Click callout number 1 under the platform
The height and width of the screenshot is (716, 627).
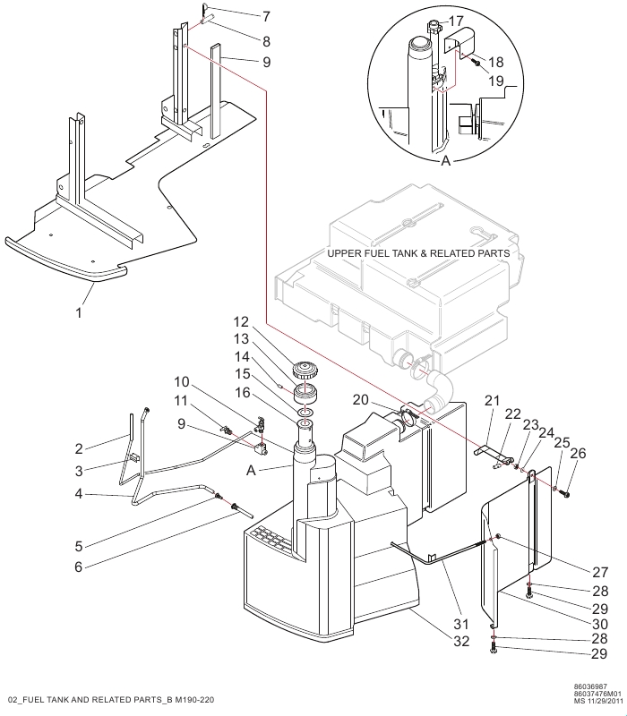coord(79,312)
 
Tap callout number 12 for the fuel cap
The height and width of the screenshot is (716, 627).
coord(241,322)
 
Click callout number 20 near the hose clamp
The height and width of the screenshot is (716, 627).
coord(361,399)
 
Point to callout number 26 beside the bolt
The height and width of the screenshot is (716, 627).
coord(578,453)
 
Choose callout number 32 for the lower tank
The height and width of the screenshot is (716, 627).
coord(461,641)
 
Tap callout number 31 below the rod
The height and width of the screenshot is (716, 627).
coord(461,624)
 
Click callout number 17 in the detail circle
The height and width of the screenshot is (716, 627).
coord(456,21)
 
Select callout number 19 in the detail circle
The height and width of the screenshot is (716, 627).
coord(496,81)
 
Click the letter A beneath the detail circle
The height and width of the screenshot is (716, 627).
coord(445,161)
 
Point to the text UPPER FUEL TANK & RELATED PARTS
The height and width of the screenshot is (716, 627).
coord(418,253)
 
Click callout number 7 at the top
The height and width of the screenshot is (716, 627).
coord(266,17)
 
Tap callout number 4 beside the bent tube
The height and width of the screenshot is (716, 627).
coord(79,494)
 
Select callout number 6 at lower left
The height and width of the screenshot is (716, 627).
coord(79,567)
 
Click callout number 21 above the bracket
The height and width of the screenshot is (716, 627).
coord(492,400)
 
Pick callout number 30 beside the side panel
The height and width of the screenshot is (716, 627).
coord(600,624)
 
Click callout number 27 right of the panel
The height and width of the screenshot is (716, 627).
coord(600,572)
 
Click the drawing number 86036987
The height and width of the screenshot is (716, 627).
coord(590,686)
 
